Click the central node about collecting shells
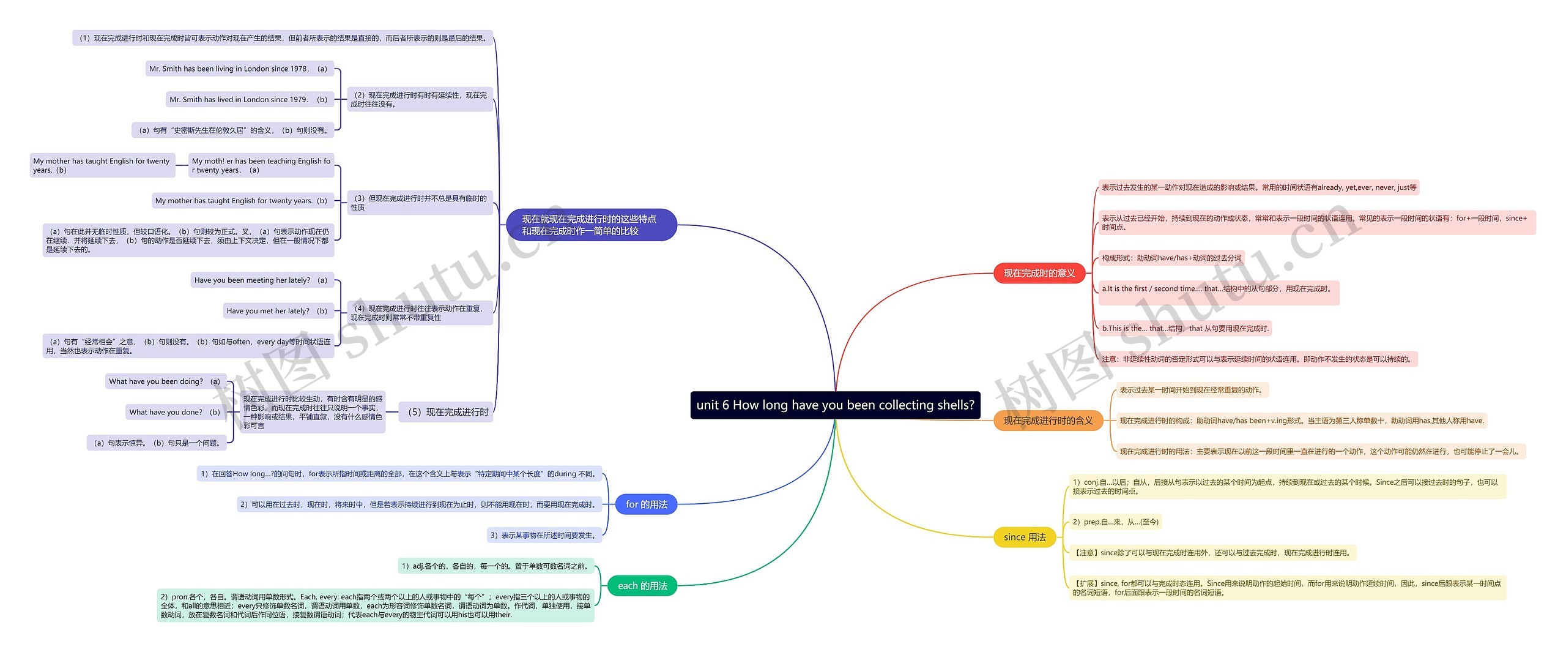click(x=835, y=405)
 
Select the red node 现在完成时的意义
click(x=1039, y=273)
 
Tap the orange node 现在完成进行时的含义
click(x=1048, y=421)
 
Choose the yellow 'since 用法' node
click(x=1025, y=537)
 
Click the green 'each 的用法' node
click(x=642, y=586)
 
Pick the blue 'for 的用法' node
click(x=647, y=504)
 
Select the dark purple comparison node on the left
click(x=591, y=225)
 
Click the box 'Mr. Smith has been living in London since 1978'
click(x=239, y=69)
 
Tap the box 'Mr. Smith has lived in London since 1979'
click(x=249, y=99)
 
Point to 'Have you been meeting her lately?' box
click(x=261, y=280)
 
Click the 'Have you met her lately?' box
click(x=278, y=311)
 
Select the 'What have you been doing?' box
click(x=165, y=381)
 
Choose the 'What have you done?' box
click(x=175, y=412)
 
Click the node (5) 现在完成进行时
click(x=447, y=412)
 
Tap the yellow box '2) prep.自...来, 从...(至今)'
click(x=1115, y=522)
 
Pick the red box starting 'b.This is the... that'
click(x=1185, y=328)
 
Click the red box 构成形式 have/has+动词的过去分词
click(x=1171, y=258)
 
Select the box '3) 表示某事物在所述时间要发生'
click(x=544, y=535)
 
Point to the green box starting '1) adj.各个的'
click(x=495, y=566)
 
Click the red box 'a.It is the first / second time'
click(x=1218, y=289)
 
